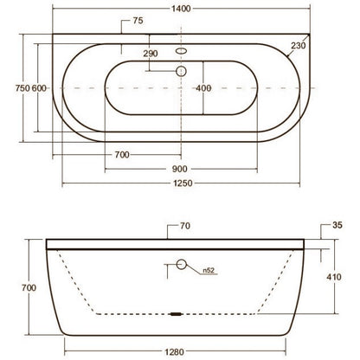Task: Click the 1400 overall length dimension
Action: [x=181, y=9]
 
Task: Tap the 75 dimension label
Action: [x=138, y=21]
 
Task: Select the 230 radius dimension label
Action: [x=298, y=46]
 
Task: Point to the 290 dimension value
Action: [x=151, y=54]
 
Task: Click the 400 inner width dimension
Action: [x=203, y=88]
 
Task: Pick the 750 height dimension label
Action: [x=22, y=88]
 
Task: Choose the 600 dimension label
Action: [x=39, y=88]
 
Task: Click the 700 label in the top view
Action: [x=122, y=155]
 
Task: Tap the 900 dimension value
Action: [x=180, y=169]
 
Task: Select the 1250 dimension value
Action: [x=183, y=183]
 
